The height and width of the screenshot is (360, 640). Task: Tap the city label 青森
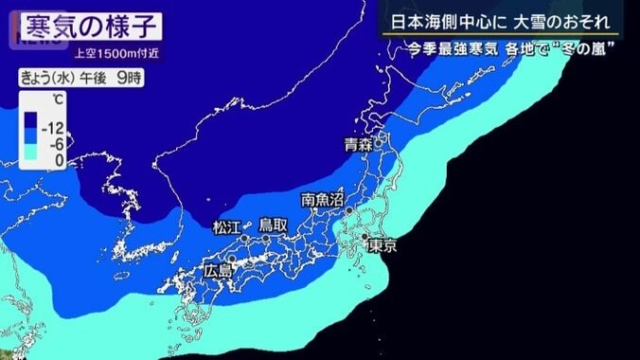[358, 147]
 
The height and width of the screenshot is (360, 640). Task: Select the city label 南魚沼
[322, 200]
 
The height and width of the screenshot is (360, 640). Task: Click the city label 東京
[382, 245]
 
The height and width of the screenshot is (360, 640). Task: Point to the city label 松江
[228, 226]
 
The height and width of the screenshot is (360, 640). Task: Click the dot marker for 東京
[364, 236]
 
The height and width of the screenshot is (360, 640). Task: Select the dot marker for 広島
[231, 258]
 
